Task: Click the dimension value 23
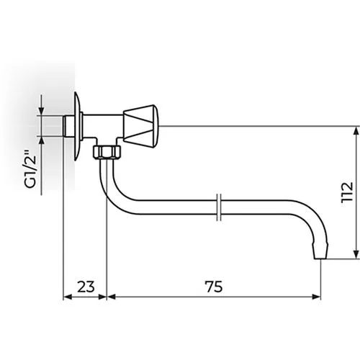[86, 287]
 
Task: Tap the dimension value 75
[214, 287]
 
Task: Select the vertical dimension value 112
[348, 193]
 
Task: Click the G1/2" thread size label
[30, 169]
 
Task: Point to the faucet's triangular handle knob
[140, 126]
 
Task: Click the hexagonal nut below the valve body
[107, 152]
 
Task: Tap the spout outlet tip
[320, 252]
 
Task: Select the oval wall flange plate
[78, 126]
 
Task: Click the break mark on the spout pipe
[219, 207]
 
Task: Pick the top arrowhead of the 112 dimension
[356, 131]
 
